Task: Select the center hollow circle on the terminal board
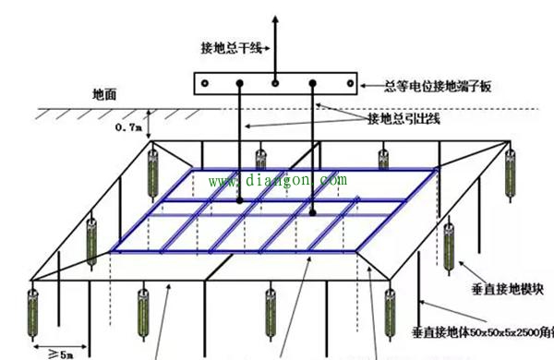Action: pyautogui.click(x=274, y=83)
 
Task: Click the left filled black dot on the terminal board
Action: pyautogui.click(x=239, y=83)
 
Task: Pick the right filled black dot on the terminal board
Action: pyautogui.click(x=313, y=83)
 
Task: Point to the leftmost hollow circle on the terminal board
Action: pyautogui.click(x=204, y=83)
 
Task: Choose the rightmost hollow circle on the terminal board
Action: pyautogui.click(x=348, y=83)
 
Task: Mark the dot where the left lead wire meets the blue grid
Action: pyautogui.click(x=239, y=199)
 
